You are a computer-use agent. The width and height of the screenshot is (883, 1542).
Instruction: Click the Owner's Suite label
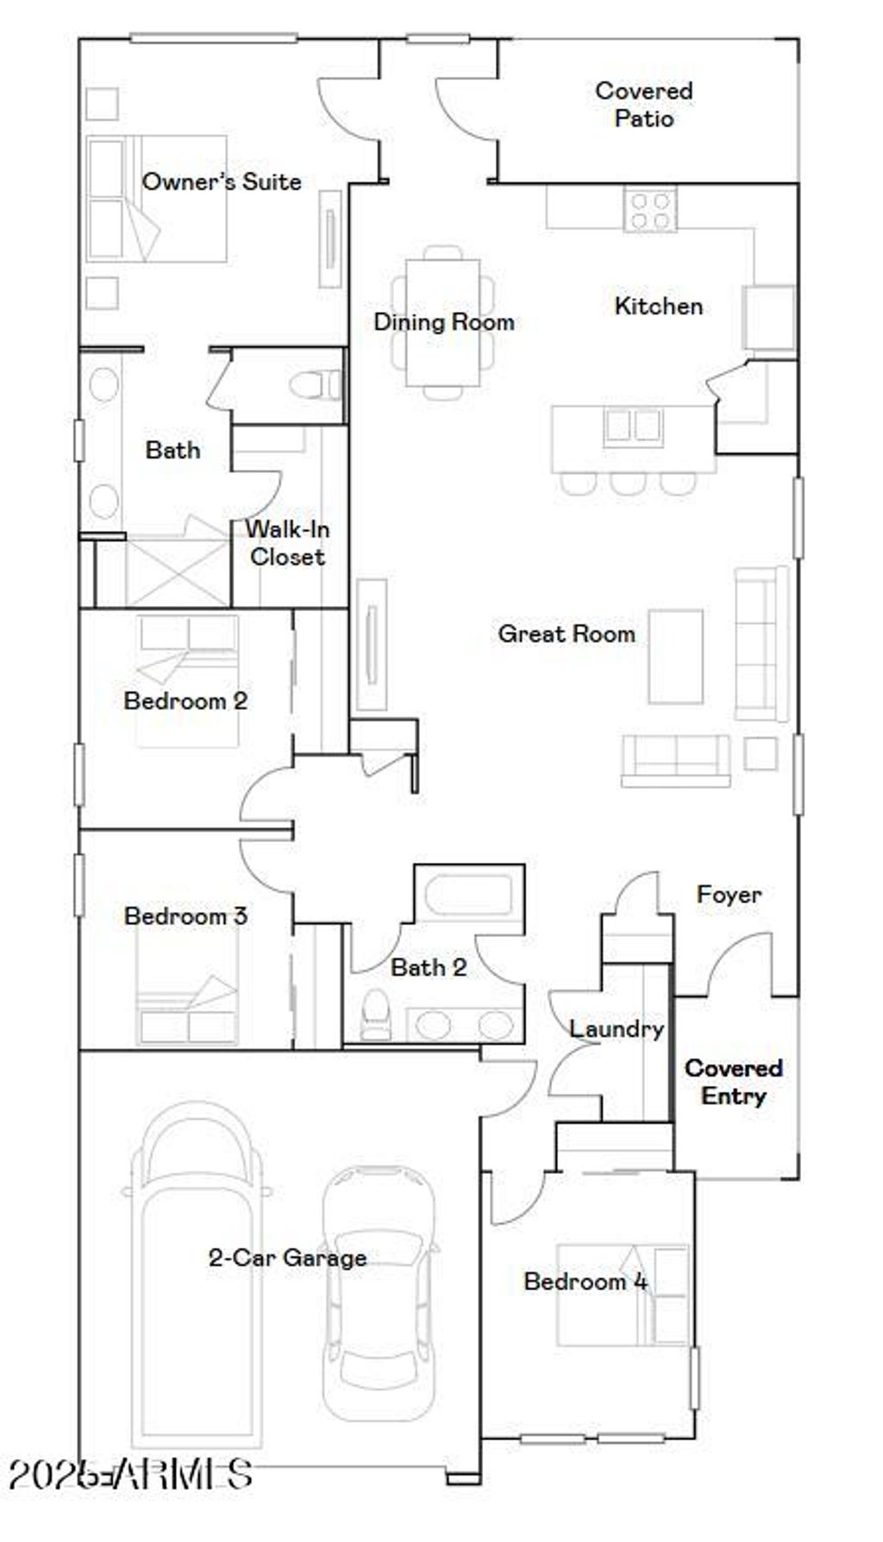pyautogui.click(x=222, y=182)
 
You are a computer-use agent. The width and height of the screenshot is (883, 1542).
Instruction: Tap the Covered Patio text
pyautogui.click(x=643, y=104)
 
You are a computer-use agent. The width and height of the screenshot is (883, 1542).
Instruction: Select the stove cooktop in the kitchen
pyautogui.click(x=650, y=210)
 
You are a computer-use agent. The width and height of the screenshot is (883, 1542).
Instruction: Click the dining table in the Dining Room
pyautogui.click(x=443, y=322)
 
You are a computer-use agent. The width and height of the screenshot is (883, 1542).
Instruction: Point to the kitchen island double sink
pyautogui.click(x=633, y=426)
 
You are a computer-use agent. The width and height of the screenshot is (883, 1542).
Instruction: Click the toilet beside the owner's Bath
pyautogui.click(x=316, y=384)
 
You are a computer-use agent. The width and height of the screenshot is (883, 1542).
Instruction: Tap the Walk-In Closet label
pyautogui.click(x=287, y=543)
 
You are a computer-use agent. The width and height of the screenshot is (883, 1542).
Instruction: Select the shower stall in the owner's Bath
pyautogui.click(x=177, y=572)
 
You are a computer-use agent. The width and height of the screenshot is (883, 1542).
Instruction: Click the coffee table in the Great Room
pyautogui.click(x=675, y=656)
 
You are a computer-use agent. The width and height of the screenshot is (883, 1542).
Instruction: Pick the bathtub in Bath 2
pyautogui.click(x=469, y=894)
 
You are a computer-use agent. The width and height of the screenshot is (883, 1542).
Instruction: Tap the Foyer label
pyautogui.click(x=729, y=895)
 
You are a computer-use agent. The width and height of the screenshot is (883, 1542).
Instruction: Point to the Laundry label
pyautogui.click(x=616, y=1029)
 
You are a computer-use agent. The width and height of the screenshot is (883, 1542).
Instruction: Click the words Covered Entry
pyautogui.click(x=733, y=1082)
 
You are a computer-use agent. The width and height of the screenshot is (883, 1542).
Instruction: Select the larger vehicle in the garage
pyautogui.click(x=197, y=1276)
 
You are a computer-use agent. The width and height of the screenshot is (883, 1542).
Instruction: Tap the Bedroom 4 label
pyautogui.click(x=585, y=1282)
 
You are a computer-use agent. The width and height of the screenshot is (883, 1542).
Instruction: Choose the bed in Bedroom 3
pyautogui.click(x=186, y=991)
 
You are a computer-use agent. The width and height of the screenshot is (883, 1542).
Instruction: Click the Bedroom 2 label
pyautogui.click(x=185, y=701)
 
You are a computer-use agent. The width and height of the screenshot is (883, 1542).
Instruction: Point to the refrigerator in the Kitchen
pyautogui.click(x=769, y=318)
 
